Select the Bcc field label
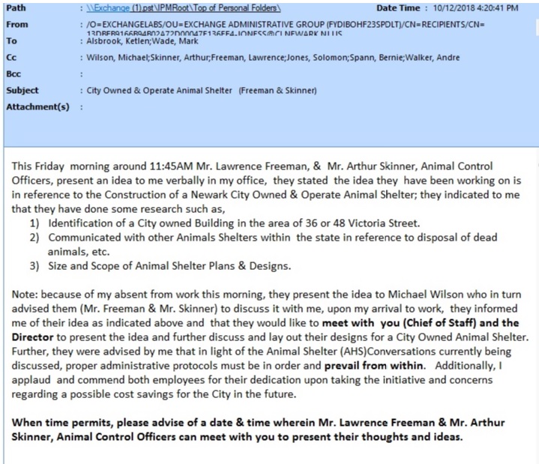[14, 73]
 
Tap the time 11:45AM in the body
[149, 166]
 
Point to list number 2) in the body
[35, 238]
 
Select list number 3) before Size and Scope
[35, 265]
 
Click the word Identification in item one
[83, 223]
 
